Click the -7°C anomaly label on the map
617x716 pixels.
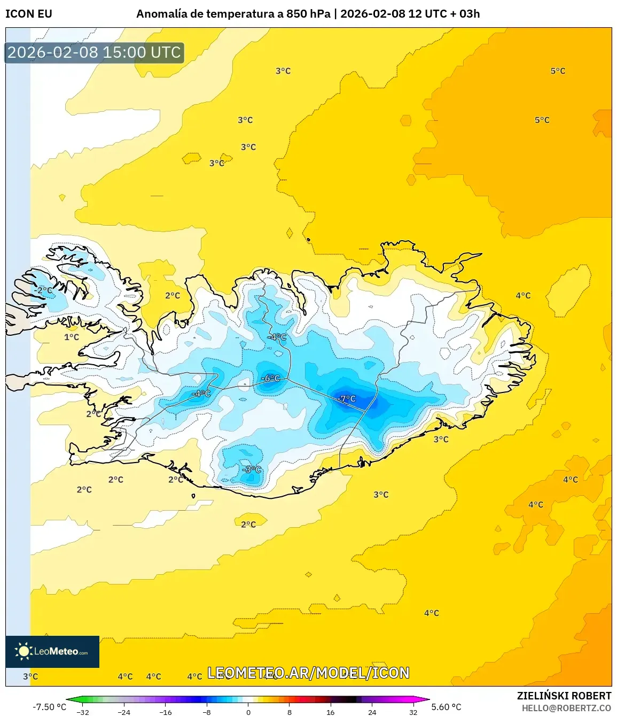coord(347,398)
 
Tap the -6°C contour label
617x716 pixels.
coord(270,378)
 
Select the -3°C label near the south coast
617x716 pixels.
coord(252,469)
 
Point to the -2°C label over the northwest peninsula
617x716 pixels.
coord(44,290)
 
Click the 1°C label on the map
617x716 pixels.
coord(72,337)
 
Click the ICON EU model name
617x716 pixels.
coord(29,14)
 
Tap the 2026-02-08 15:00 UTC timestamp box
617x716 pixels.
coord(94,52)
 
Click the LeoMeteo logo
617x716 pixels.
coord(52,651)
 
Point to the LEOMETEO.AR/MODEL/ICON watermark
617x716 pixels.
coord(308,673)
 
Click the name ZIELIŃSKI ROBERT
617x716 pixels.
coord(564,696)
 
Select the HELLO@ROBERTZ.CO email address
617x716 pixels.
coord(566,707)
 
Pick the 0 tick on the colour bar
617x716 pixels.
coord(248,712)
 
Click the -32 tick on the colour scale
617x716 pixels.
coord(83,712)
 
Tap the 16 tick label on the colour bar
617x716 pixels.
coord(331,712)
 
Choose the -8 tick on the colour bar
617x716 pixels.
coord(207,712)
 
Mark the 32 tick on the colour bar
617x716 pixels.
coord(413,712)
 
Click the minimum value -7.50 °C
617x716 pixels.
coord(50,707)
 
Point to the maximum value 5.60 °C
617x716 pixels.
coord(446,707)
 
